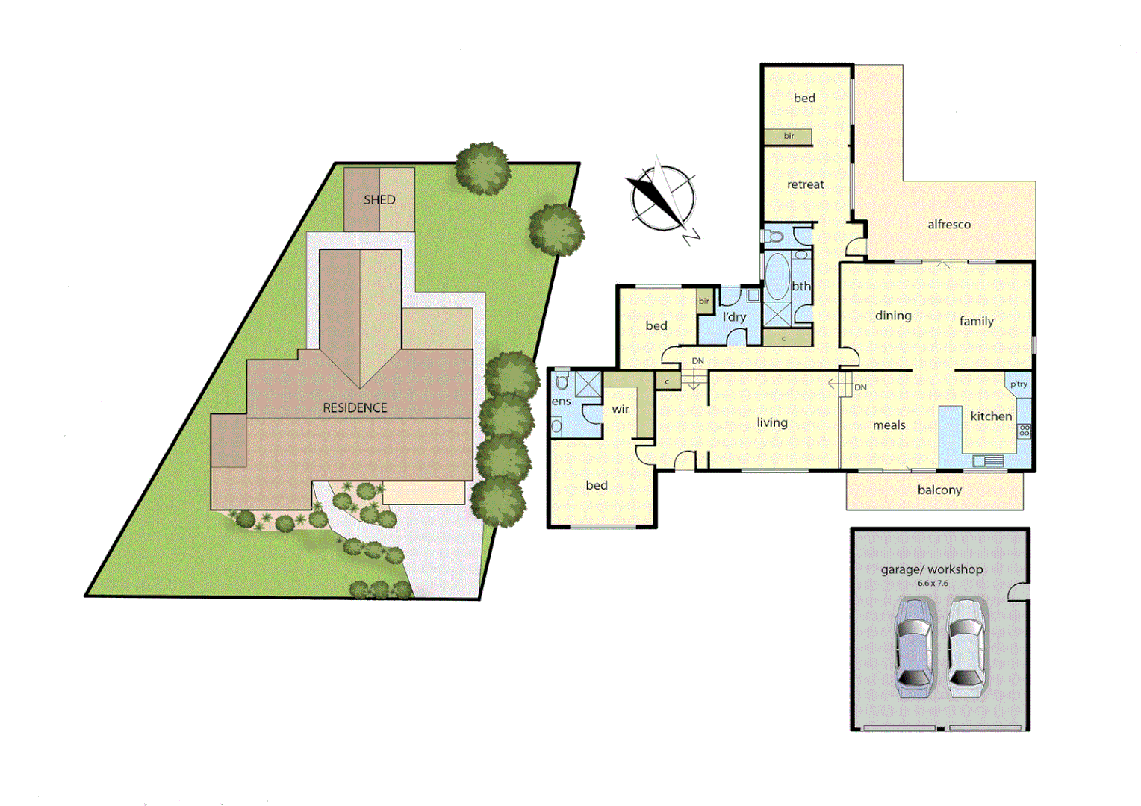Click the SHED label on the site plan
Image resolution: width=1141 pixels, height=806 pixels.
379,200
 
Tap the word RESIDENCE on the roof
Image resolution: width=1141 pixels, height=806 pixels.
355,408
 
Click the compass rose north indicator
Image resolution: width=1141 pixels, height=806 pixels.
662,199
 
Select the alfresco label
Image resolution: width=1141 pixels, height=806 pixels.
949,225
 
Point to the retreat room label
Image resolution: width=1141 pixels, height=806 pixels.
806,185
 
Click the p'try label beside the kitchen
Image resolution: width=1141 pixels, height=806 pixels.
1019,384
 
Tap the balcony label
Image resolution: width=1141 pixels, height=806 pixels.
939,490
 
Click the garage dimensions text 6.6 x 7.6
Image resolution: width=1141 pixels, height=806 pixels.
933,584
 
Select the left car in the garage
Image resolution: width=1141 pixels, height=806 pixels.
914,646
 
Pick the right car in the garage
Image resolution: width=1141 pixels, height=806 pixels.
966,646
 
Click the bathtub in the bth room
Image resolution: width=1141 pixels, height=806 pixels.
777,277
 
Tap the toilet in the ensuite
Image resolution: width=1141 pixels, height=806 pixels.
562,381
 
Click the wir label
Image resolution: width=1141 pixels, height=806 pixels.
621,410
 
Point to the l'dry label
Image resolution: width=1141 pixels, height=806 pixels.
734,317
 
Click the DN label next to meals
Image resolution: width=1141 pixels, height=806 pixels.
860,387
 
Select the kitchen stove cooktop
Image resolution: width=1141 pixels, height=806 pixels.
1025,431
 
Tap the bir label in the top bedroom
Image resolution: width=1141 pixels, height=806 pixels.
789,137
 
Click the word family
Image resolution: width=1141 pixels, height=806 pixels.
977,322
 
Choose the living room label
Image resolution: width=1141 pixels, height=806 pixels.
772,423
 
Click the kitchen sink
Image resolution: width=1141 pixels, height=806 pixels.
988,461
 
